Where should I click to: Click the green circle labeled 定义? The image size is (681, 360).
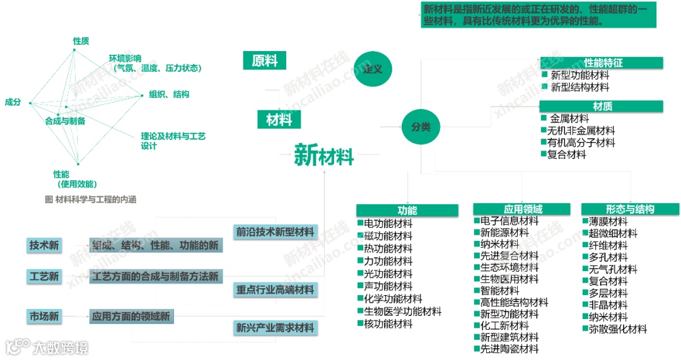(373, 68)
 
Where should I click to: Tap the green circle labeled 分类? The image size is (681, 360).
(421, 126)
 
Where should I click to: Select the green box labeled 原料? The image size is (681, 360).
(264, 61)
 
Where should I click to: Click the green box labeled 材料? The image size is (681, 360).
(279, 119)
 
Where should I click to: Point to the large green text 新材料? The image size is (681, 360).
(324, 154)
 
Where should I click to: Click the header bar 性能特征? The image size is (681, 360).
(602, 62)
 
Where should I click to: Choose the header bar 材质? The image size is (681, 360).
(602, 106)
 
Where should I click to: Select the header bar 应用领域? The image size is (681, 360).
(523, 209)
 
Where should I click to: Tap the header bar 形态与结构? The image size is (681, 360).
(629, 209)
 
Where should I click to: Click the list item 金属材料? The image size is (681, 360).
(569, 119)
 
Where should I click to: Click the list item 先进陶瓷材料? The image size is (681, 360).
(509, 349)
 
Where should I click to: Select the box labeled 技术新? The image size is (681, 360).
(44, 246)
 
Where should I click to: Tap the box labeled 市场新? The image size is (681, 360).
(44, 316)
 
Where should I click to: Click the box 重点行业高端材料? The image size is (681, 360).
(275, 290)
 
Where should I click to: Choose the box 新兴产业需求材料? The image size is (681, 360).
(275, 328)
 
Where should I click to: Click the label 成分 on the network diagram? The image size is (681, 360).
(13, 102)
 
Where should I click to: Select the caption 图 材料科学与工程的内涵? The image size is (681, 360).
(91, 199)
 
